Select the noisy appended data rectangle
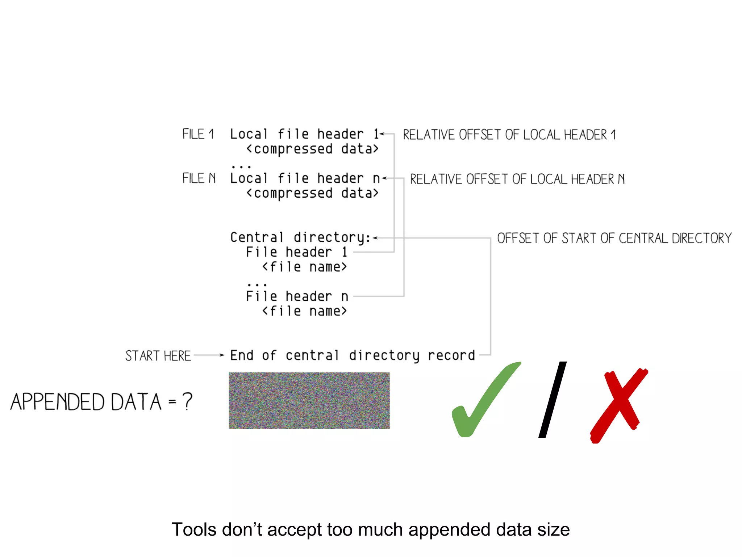[x=309, y=400]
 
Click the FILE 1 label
[x=198, y=134]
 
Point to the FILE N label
[x=199, y=178]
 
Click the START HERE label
[x=158, y=356]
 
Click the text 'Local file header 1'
[x=304, y=134]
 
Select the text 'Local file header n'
[x=305, y=178]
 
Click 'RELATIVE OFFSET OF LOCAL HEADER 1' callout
[x=509, y=135]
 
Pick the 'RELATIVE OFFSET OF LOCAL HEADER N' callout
[x=517, y=179]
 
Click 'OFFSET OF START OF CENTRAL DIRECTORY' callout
[x=614, y=238]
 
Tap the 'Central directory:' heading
[x=300, y=238]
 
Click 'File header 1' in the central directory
[x=297, y=252]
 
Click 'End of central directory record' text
[x=353, y=356]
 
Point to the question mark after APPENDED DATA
[x=187, y=401]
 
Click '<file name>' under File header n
[x=304, y=311]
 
